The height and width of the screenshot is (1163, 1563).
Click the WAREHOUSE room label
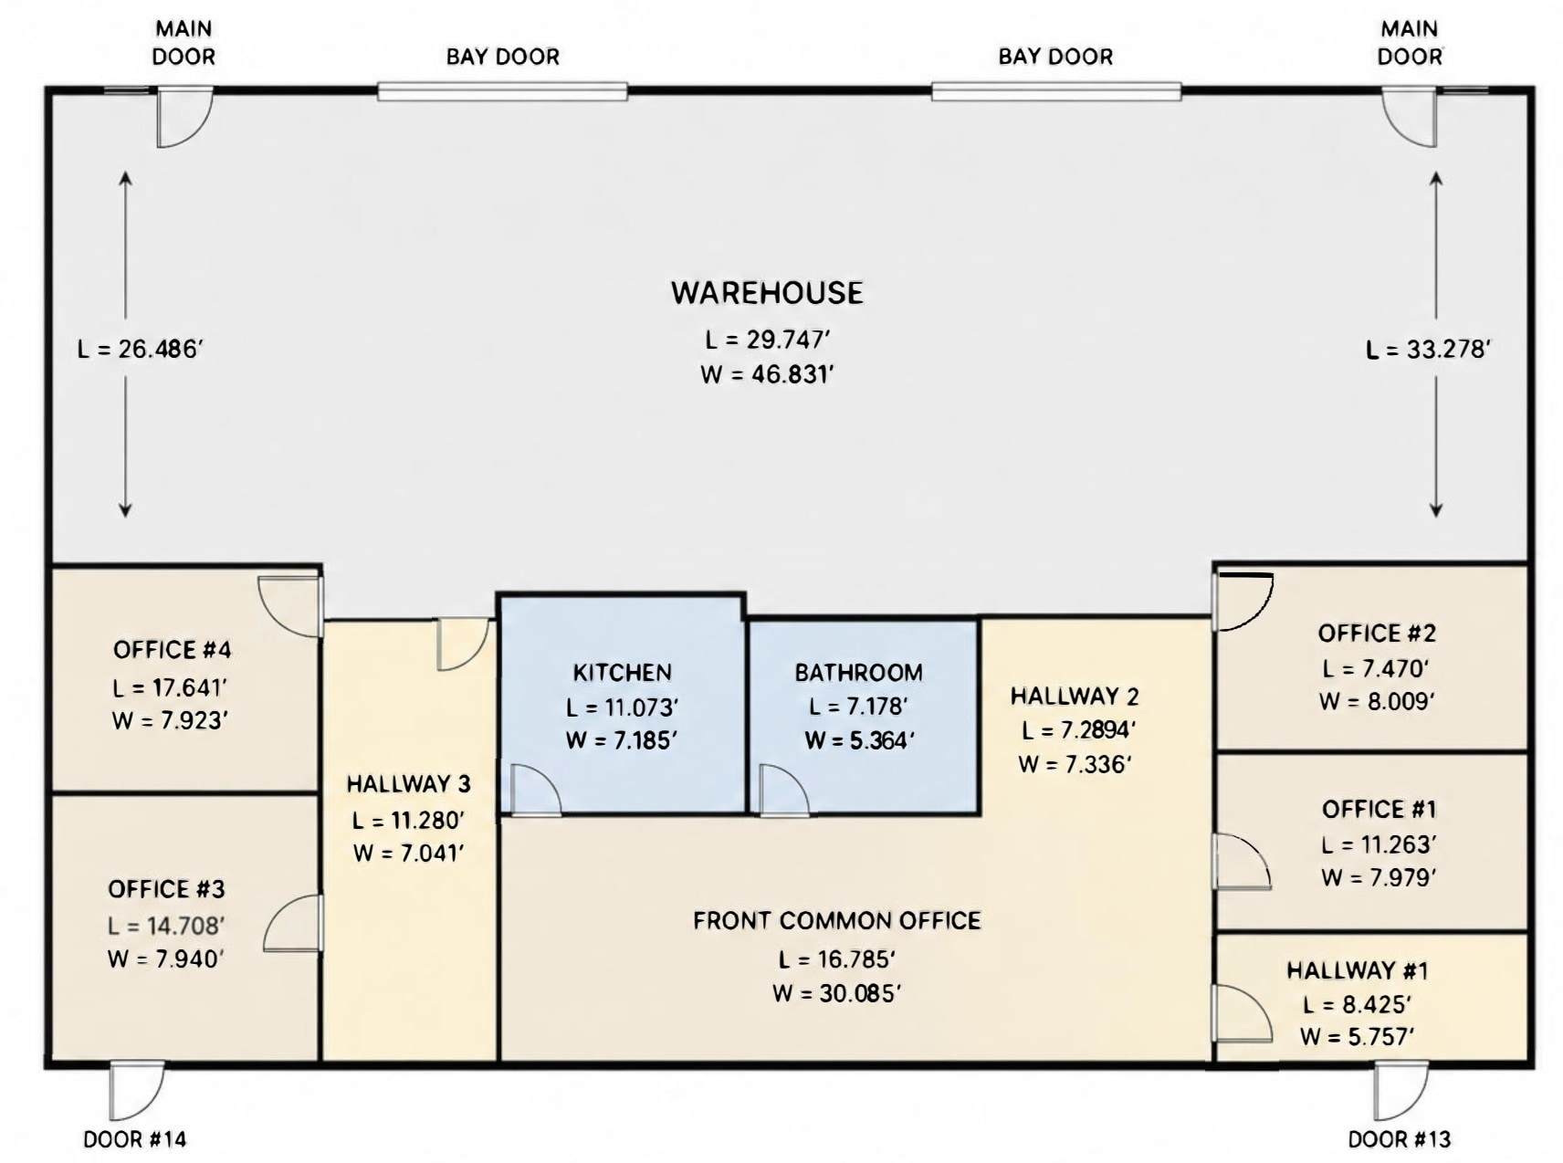point(767,293)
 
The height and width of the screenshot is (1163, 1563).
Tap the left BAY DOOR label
point(503,57)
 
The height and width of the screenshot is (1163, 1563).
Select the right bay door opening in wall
point(1056,90)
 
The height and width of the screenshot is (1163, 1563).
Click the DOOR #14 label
point(135,1138)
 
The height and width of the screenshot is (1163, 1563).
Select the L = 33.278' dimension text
point(1429,349)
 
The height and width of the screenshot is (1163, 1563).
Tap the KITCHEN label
point(623,673)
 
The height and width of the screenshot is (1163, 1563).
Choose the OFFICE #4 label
point(173,650)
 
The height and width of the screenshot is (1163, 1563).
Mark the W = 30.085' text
point(837,993)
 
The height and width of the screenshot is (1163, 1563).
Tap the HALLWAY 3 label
point(409,784)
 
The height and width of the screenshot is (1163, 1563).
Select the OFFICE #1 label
point(1379,810)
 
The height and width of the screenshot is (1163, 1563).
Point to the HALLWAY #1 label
point(1358,970)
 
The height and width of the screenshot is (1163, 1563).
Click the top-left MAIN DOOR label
point(184,43)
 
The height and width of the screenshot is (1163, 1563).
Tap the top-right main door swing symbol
point(1409,117)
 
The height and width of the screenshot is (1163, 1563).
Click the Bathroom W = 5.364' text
point(859,740)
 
